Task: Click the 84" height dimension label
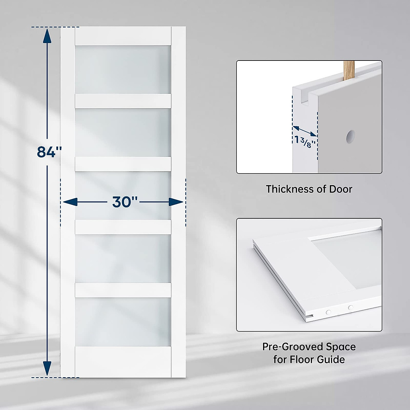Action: pos(49,152)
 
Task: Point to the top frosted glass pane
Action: pos(123,69)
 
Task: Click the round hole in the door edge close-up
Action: pos(350,136)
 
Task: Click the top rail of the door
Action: pos(123,36)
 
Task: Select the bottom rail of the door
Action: pos(123,362)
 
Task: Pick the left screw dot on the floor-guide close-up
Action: pos(328,312)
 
